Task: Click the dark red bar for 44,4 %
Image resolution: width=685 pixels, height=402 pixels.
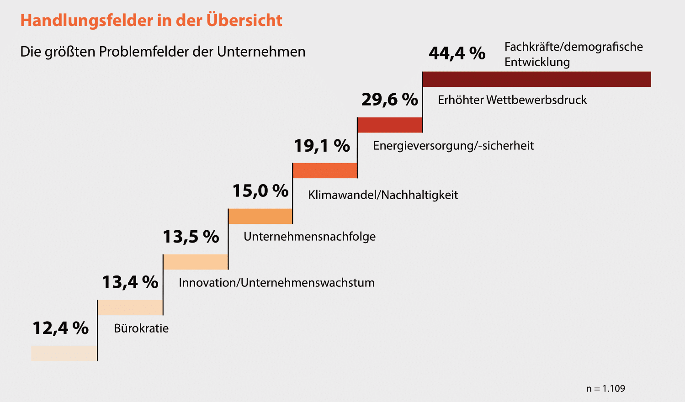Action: (536, 79)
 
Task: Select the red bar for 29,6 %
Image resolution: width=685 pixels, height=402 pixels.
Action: (390, 125)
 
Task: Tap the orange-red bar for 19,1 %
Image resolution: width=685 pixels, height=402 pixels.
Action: (325, 170)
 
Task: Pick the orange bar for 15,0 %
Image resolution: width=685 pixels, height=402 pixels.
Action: (260, 216)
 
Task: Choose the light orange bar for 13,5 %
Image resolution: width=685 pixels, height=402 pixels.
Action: (196, 262)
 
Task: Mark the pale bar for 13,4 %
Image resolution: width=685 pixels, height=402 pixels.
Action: (130, 307)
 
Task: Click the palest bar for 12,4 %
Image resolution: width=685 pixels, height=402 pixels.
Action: (64, 353)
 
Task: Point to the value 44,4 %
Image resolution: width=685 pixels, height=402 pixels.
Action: (457, 53)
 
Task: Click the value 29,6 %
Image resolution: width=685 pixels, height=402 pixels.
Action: (390, 99)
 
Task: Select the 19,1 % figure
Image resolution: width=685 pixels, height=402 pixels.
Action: (322, 146)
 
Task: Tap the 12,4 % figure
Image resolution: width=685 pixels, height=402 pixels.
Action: (61, 328)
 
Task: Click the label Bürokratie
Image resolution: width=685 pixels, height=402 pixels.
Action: (141, 328)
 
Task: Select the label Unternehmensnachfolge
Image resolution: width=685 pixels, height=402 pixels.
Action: (309, 237)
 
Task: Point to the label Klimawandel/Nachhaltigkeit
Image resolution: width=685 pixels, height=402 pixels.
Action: (383, 195)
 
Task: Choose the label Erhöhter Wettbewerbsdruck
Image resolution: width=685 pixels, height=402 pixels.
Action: (512, 100)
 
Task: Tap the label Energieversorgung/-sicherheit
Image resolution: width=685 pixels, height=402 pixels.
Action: (453, 146)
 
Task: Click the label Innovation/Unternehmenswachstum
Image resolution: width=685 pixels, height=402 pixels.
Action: (276, 283)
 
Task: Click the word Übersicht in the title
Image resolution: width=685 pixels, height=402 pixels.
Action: (244, 20)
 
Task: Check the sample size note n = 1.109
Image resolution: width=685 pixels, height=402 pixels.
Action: (605, 389)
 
